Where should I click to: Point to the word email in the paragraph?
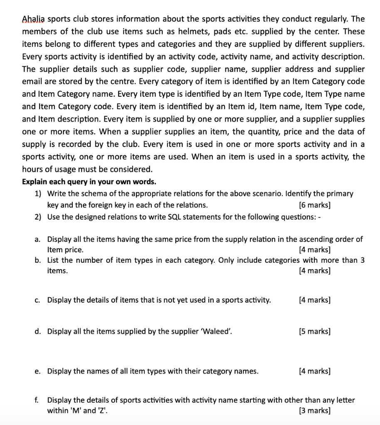pos(33,82)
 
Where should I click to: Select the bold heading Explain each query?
pos(89,182)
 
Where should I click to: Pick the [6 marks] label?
pos(315,205)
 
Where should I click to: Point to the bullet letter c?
pos(37,300)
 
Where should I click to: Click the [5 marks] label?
pos(315,331)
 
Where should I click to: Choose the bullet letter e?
pos(37,371)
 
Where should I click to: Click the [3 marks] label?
pos(315,411)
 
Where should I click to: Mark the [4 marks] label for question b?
pos(315,271)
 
